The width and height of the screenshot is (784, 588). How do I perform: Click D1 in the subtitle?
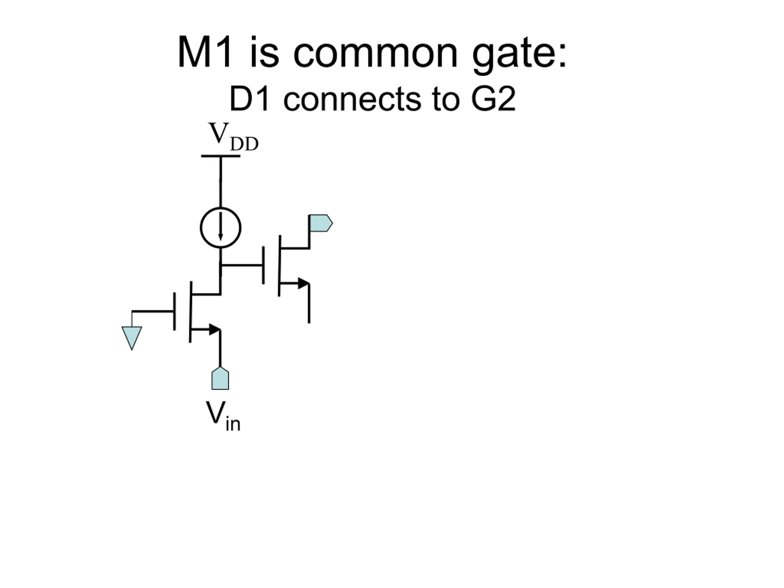(249, 99)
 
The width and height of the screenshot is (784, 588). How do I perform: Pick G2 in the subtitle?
(493, 99)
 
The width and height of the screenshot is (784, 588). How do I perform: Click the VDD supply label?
(233, 137)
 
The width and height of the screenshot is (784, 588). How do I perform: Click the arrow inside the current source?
(221, 227)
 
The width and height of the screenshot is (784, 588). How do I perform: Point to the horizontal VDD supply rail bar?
(221, 156)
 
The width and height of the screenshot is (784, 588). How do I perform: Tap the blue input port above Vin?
(220, 378)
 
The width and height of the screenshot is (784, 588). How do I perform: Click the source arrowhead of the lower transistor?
(214, 330)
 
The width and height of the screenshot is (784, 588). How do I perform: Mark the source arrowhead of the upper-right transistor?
(303, 284)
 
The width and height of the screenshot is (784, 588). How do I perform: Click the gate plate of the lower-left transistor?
(174, 311)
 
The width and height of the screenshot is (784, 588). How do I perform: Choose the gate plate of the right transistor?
(263, 266)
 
